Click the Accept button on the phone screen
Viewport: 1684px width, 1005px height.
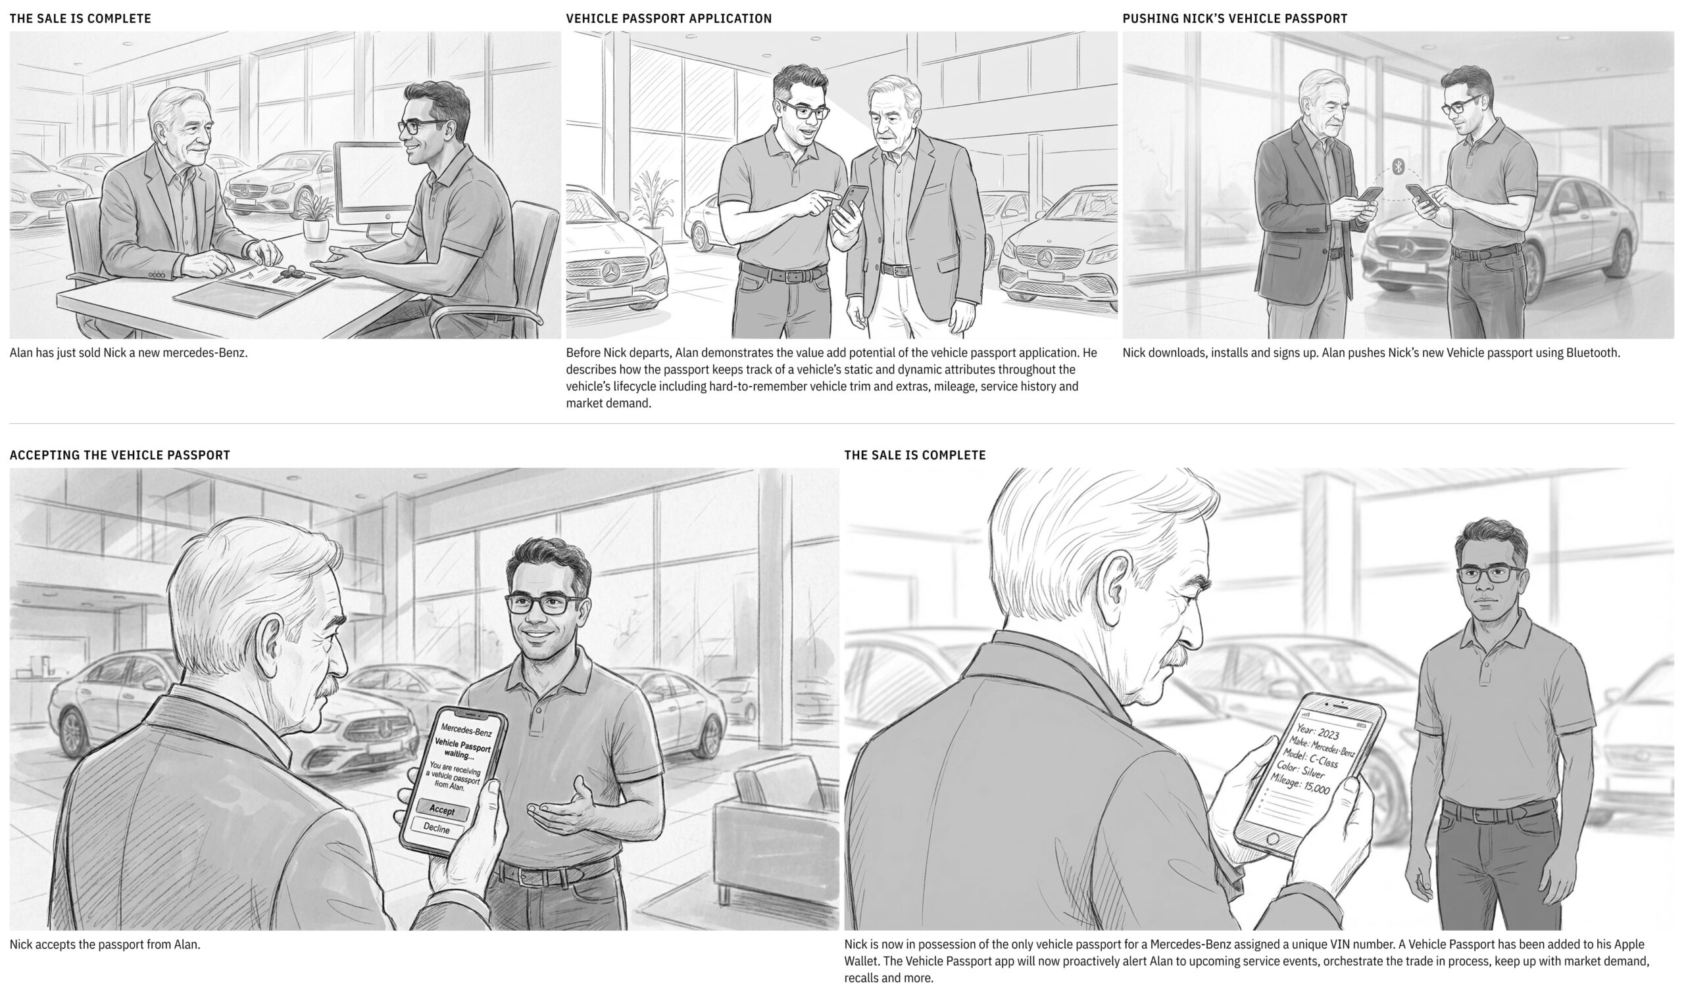443,809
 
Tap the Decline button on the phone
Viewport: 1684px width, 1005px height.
436,828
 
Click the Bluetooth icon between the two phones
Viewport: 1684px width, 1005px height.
1398,166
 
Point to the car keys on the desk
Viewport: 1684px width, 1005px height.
293,273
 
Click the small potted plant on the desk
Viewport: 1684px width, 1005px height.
316,217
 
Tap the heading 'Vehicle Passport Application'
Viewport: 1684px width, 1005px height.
669,19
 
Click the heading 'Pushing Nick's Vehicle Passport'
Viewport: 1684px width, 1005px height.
1235,19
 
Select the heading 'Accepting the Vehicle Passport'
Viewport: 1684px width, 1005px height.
120,455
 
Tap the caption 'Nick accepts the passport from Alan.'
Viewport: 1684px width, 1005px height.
105,944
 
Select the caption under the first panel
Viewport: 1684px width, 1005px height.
129,353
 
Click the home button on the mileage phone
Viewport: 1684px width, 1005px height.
1273,839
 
